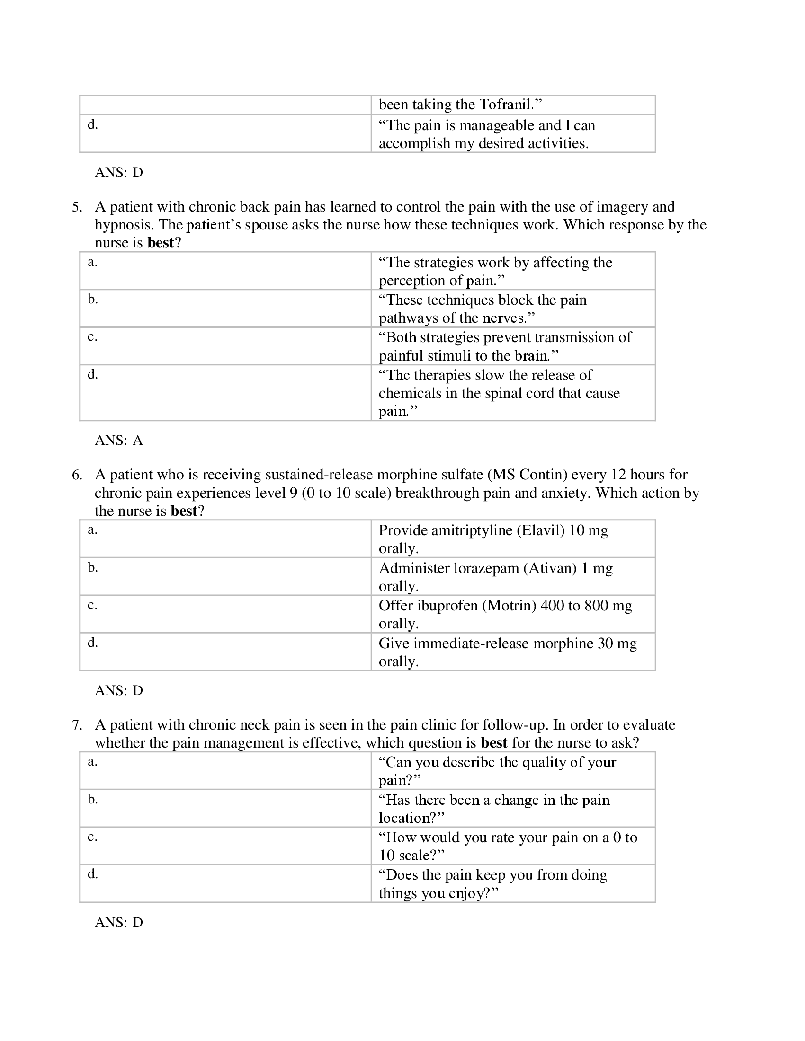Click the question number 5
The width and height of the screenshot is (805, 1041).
point(76,207)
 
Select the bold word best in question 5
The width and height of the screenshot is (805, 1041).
point(161,243)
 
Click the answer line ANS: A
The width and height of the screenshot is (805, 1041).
point(119,440)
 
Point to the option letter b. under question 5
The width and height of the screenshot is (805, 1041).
point(92,300)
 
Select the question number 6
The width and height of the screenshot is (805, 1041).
point(76,475)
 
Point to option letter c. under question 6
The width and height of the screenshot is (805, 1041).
point(92,605)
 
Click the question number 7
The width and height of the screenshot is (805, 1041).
point(76,725)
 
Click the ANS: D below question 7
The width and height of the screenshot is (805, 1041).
point(119,922)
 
